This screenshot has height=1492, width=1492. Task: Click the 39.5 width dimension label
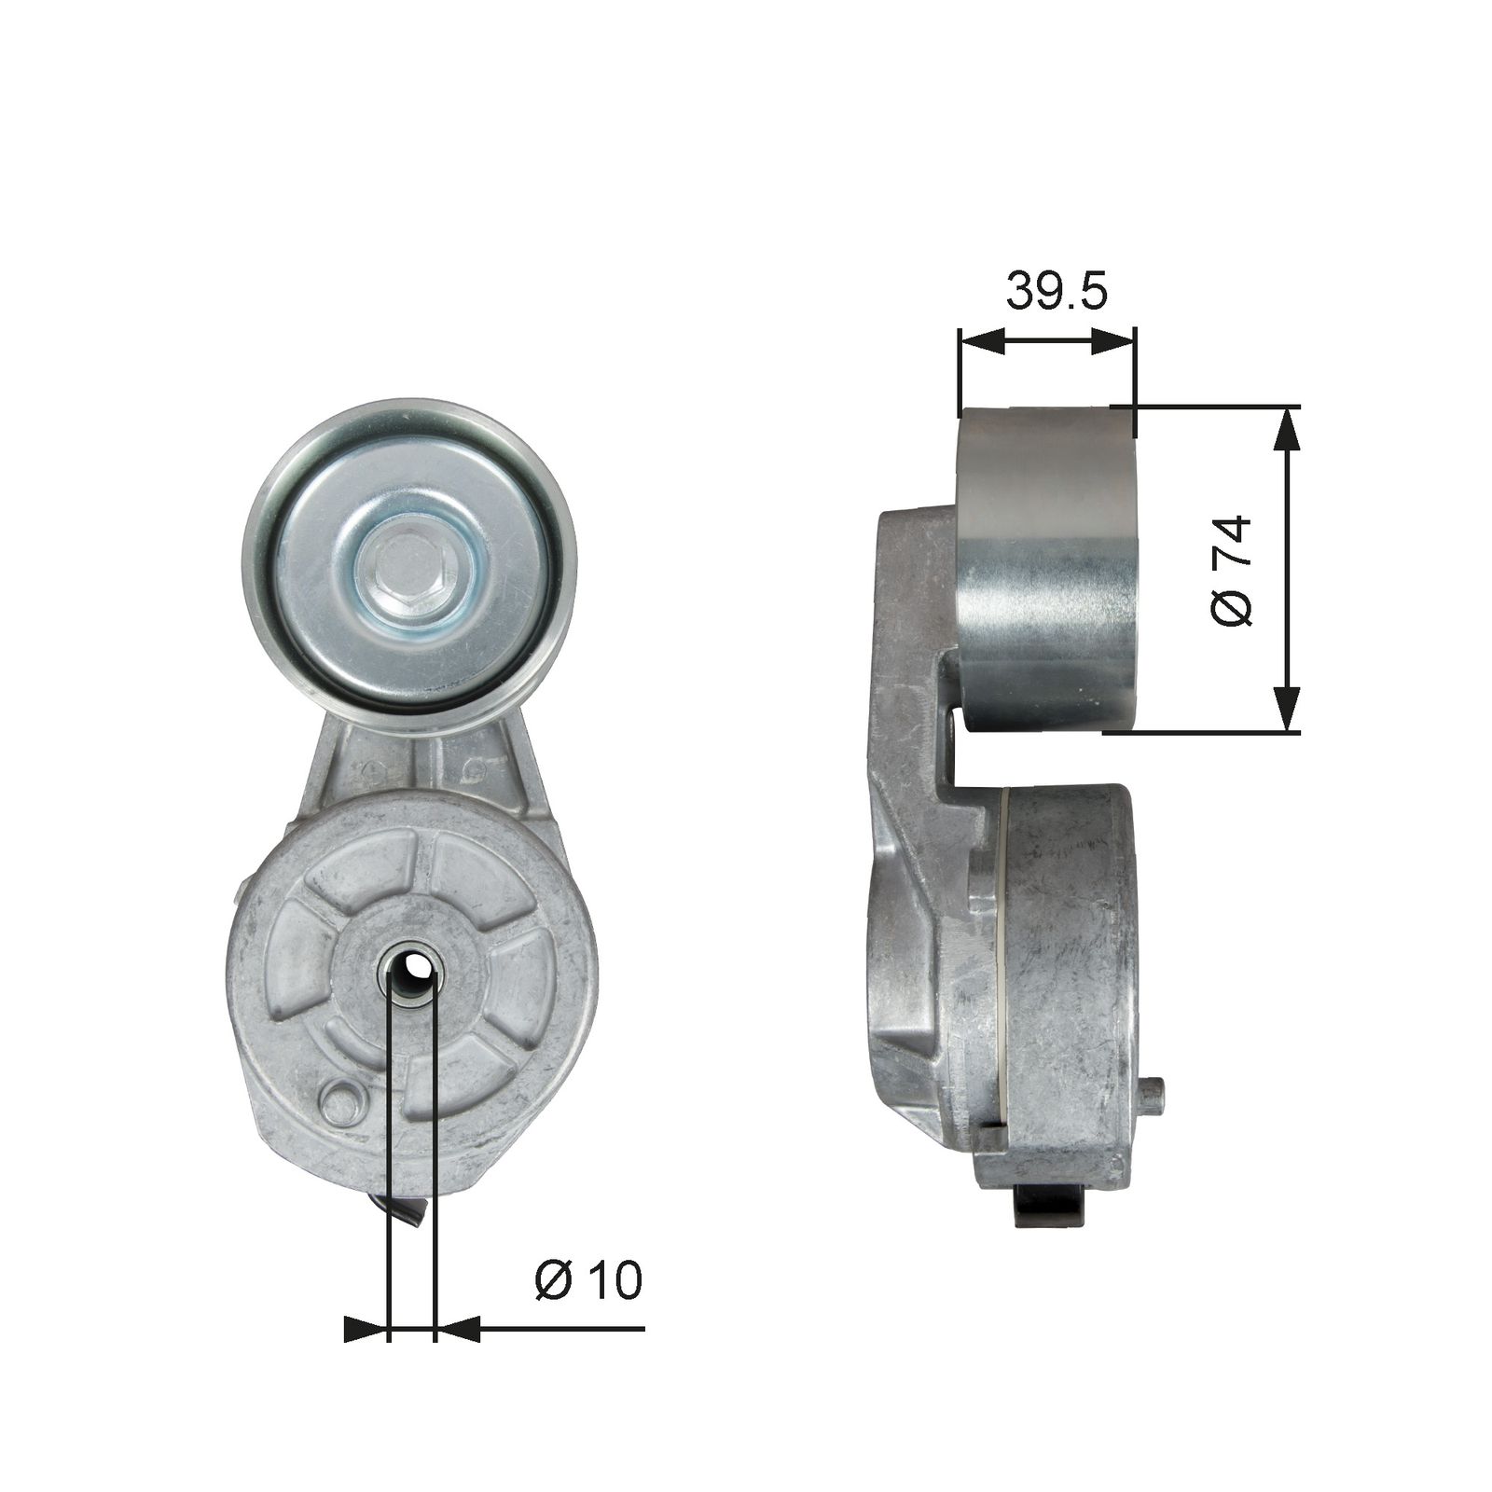[1056, 292]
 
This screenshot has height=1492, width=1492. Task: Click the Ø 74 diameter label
[1231, 570]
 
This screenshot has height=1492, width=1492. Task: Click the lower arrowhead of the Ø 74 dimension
[1287, 711]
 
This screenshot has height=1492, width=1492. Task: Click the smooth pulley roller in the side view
[1047, 569]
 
